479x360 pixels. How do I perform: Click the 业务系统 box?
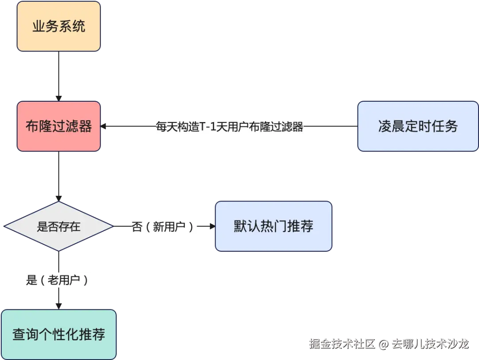click(x=59, y=27)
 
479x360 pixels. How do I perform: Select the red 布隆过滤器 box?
click(x=59, y=127)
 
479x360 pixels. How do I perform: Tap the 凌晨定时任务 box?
click(x=418, y=127)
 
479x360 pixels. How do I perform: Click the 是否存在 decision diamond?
click(x=59, y=227)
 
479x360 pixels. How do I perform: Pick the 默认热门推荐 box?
click(x=273, y=226)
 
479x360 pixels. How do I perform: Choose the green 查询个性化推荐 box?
click(x=59, y=334)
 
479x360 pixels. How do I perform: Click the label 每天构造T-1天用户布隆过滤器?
click(x=229, y=127)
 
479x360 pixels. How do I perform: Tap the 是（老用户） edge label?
click(x=59, y=280)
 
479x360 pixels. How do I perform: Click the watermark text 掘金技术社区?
click(x=342, y=343)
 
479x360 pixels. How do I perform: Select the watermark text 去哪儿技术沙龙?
click(x=429, y=343)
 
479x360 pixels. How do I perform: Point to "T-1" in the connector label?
click(x=208, y=127)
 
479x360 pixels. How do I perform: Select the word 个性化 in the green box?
click(x=59, y=334)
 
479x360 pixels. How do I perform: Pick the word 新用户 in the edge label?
click(x=169, y=227)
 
